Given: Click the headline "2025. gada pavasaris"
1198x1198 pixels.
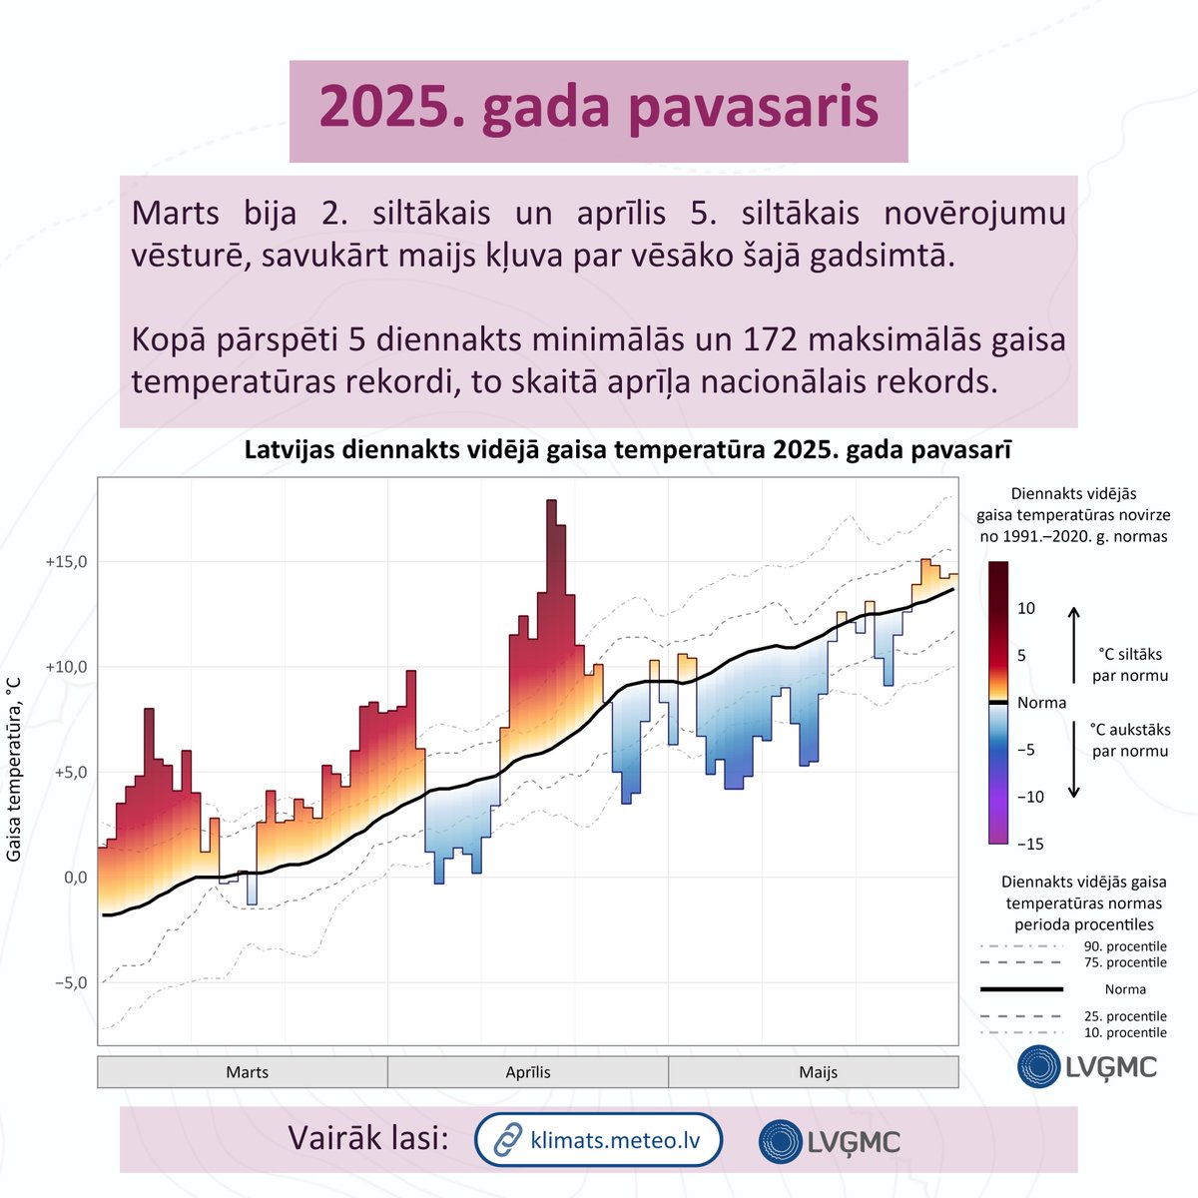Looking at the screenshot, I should pos(598,110).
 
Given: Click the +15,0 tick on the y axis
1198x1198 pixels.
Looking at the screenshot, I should pos(67,562).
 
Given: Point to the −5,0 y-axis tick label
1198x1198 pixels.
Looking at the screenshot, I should pos(67,982).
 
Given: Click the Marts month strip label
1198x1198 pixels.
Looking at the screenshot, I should pos(247,1072).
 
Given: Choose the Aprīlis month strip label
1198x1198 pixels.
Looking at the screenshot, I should pos(527,1072).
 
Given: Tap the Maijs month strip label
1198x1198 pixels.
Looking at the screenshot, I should pos(818,1072).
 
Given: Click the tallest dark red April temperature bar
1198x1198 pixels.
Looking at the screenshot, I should pos(551,599).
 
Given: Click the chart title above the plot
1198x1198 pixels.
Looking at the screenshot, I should pos(627,450).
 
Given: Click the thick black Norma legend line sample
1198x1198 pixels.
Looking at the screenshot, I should pos(1020,989).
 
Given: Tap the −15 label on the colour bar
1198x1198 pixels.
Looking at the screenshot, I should pos(1029,844).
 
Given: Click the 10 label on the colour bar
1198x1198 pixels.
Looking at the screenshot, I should pos(1026,608).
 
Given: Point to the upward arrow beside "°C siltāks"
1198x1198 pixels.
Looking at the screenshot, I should pos(1074,638).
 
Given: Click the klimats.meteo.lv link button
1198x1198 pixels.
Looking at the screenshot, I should pos(598,1139).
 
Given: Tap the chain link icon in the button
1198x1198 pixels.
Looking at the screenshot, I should pos(509,1139).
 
